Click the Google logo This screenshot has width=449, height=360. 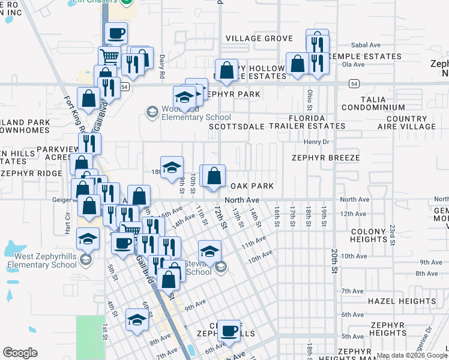tap(20, 353)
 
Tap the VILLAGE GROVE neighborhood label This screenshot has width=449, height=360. tap(259, 38)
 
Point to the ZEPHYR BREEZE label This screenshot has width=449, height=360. tap(326, 158)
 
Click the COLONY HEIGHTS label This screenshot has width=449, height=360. tap(368, 236)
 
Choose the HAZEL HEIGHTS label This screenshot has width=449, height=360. tap(402, 301)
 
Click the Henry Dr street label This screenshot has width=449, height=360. tap(317, 142)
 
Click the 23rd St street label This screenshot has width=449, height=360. tap(391, 230)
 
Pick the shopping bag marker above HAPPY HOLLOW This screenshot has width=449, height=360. tap(226, 70)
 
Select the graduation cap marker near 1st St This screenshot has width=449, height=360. tap(137, 320)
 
